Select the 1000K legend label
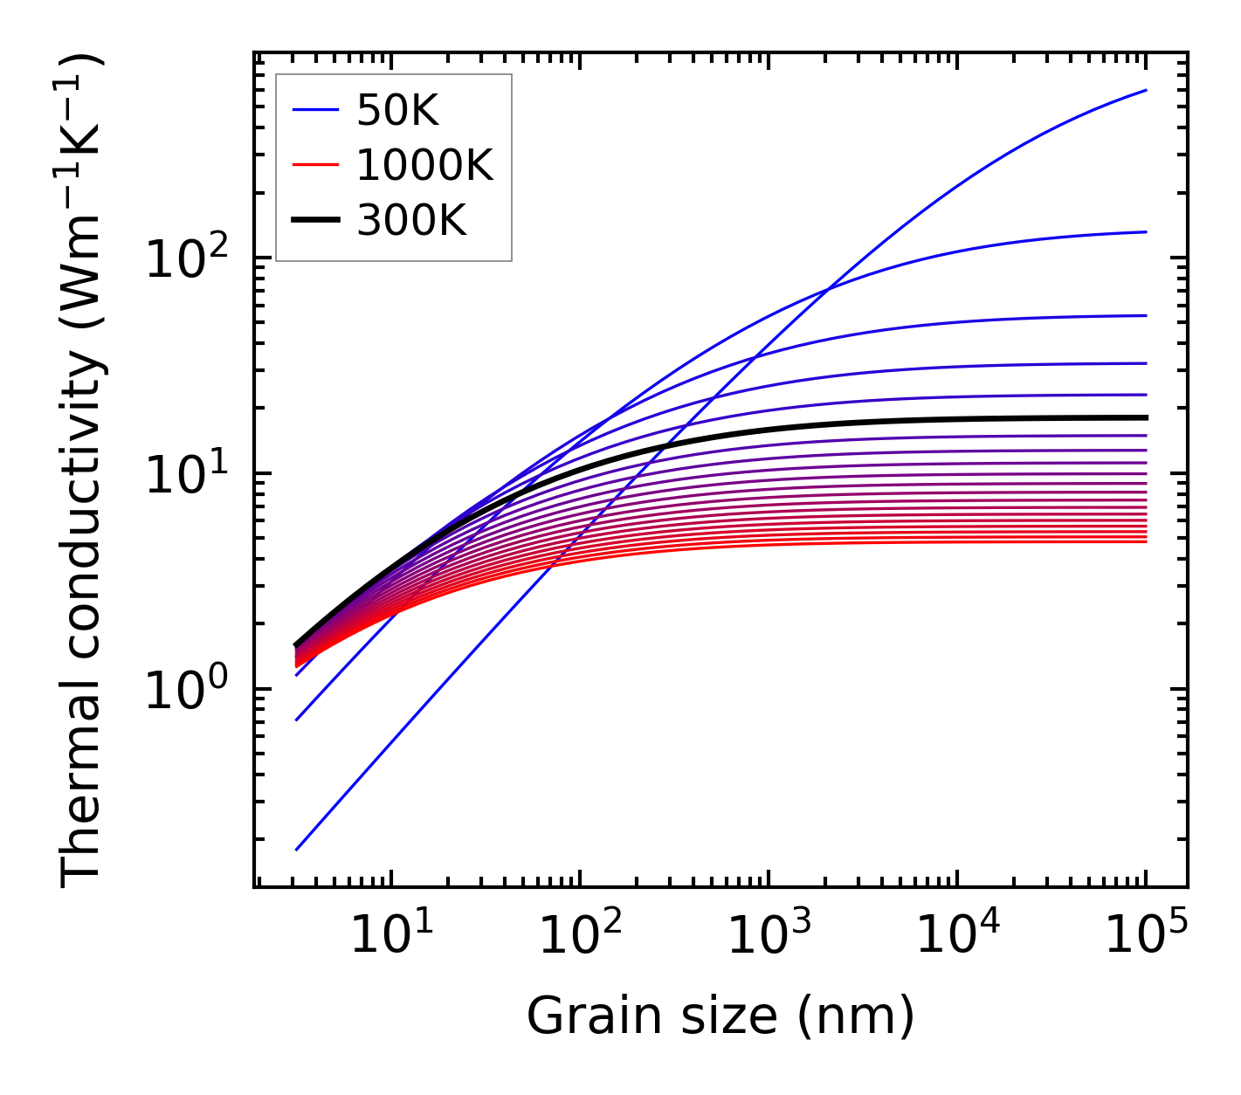(x=424, y=165)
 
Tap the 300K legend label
(x=411, y=221)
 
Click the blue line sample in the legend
(x=314, y=110)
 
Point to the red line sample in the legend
(x=314, y=165)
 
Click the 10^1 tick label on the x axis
(x=390, y=937)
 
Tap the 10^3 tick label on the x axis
(x=768, y=937)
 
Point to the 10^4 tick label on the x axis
(x=956, y=937)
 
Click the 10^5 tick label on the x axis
(x=1145, y=937)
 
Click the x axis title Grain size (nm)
(x=720, y=1016)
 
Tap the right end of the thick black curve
(x=1146, y=417)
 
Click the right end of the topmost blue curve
(x=1146, y=90)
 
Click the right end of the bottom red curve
(x=1146, y=542)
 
